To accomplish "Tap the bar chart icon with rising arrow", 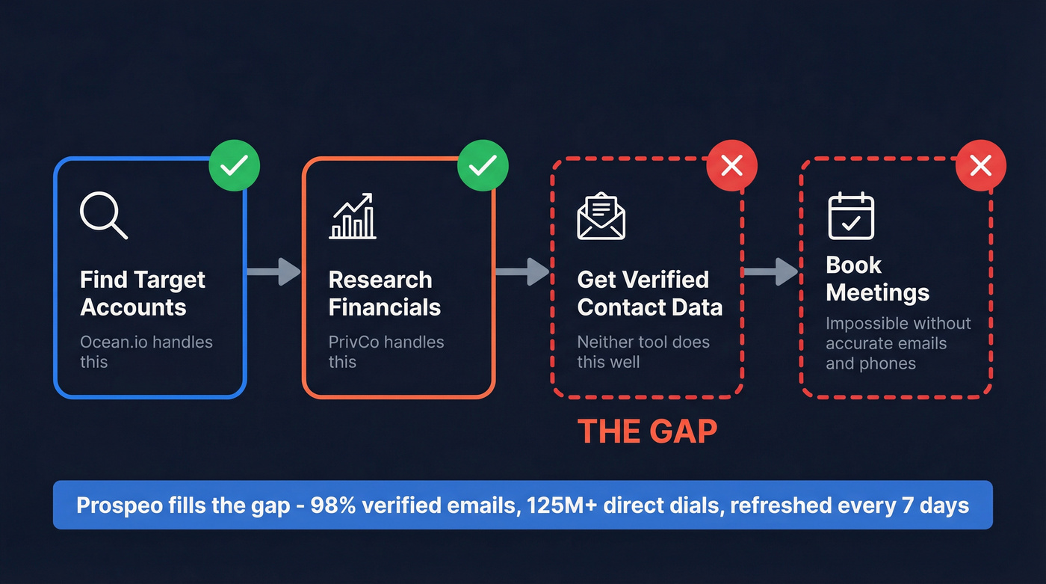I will click(353, 216).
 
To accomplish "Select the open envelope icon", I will click(601, 216).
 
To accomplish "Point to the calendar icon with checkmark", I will click(851, 216).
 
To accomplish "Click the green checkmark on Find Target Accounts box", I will click(235, 165).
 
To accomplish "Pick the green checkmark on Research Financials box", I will click(483, 165).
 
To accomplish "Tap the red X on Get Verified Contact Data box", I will click(732, 165).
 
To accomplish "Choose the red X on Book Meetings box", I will click(981, 165).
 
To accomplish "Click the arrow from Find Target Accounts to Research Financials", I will click(273, 271).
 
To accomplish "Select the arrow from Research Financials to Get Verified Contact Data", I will click(522, 271).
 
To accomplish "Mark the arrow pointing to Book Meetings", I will click(771, 271).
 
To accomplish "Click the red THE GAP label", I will click(647, 431).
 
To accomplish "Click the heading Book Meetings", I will click(877, 279).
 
